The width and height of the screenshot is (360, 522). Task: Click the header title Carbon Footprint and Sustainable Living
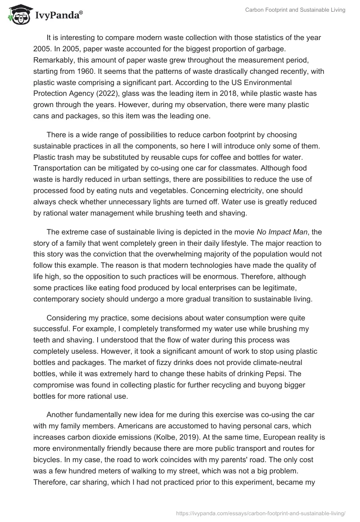[x=295, y=10]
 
